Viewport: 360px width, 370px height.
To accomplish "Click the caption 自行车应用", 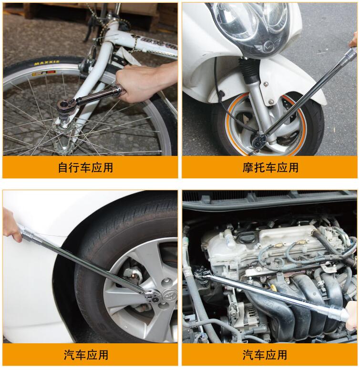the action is pyautogui.click(x=85, y=167).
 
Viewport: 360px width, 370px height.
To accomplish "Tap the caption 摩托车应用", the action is pyautogui.click(x=270, y=167).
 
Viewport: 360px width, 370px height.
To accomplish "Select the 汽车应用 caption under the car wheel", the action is pyautogui.click(x=86, y=355).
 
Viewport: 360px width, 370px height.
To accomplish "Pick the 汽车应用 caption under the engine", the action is pyautogui.click(x=265, y=355).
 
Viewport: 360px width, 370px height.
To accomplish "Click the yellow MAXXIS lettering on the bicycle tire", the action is pyautogui.click(x=47, y=63).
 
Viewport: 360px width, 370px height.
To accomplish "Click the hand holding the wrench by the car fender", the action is pyautogui.click(x=12, y=225).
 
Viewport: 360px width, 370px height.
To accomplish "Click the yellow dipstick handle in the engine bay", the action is pyautogui.click(x=274, y=288).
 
